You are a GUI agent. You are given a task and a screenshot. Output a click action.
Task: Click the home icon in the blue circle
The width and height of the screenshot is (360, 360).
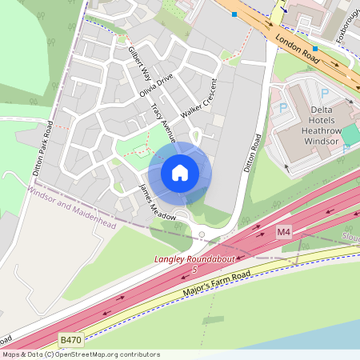coord(180,172)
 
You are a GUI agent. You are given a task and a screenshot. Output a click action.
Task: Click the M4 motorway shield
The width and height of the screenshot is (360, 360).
coord(283,231)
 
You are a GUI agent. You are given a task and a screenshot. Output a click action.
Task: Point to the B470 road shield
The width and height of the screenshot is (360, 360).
coord(70,340)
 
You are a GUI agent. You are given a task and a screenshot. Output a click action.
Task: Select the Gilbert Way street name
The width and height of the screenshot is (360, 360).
coord(140,62)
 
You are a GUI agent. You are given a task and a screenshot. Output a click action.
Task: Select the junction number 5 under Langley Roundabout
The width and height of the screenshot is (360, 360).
coord(194,270)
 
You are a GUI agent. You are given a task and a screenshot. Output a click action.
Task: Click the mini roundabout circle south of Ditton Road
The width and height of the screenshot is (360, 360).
coord(202,235)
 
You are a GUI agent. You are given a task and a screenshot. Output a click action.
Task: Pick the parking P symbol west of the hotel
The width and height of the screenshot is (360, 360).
coord(283,107)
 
